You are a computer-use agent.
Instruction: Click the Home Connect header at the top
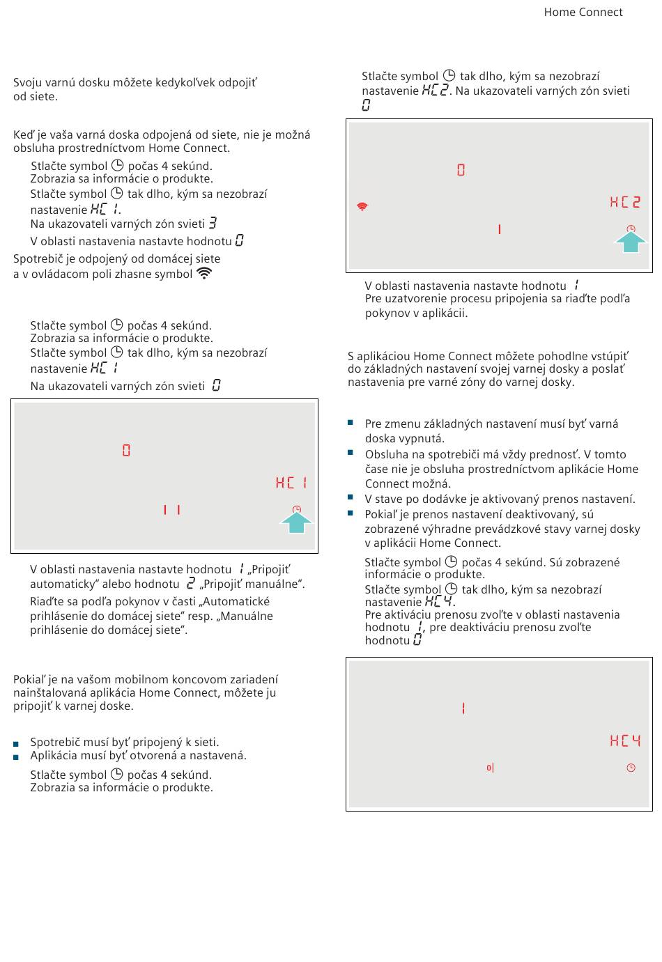coord(583,12)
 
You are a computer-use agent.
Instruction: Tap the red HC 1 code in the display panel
coord(291,483)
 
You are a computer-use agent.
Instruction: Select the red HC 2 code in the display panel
coord(625,202)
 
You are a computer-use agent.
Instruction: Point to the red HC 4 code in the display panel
coord(625,740)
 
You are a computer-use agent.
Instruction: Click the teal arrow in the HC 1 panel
coord(296,522)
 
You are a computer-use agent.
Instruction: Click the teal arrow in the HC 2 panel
coord(631,241)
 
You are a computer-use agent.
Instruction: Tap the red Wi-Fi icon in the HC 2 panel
coord(362,206)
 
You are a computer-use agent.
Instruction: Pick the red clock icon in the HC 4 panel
coord(631,768)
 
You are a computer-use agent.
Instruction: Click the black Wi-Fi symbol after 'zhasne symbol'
coord(204,273)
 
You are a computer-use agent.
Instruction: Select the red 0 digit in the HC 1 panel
coord(126,451)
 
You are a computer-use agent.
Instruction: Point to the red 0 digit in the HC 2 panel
coord(461,170)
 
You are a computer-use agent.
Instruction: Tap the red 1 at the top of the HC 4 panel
coord(463,708)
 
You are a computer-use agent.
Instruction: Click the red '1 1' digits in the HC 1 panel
coord(171,510)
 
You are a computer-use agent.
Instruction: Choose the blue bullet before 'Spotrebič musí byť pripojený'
coord(16,744)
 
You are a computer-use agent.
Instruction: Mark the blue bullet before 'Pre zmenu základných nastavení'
coord(351,423)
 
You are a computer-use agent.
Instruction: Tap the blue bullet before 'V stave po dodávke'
coord(351,498)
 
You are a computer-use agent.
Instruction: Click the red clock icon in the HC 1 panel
coord(297,510)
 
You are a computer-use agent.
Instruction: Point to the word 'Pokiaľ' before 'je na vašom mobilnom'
coord(29,679)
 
